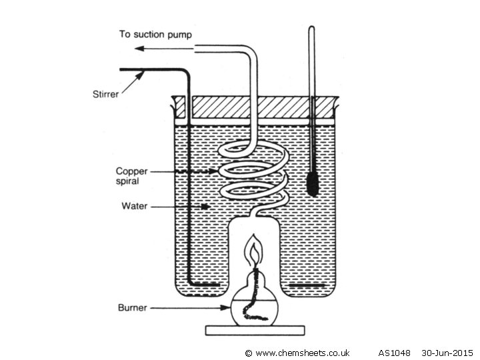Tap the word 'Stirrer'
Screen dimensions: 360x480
click(105, 94)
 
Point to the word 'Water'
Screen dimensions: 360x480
click(134, 207)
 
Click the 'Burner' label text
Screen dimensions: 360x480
click(133, 307)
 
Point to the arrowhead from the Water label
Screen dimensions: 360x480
click(207, 207)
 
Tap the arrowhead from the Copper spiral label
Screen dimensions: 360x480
click(213, 171)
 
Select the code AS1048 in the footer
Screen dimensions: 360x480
click(395, 353)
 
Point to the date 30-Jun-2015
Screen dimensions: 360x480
click(447, 353)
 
